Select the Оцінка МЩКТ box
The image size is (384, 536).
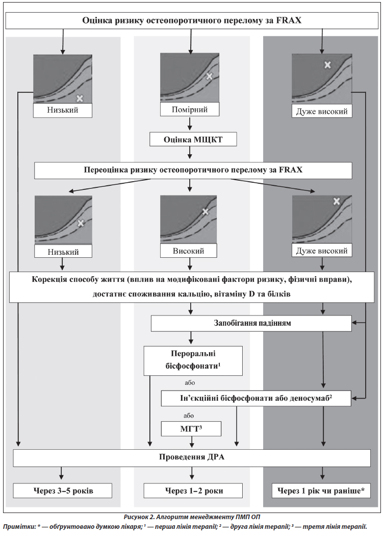(x=190, y=139)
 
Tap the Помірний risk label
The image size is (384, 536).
(x=190, y=109)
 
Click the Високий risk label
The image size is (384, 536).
(x=189, y=251)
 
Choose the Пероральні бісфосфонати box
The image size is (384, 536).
(x=193, y=360)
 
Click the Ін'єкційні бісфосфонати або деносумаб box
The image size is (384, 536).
(x=255, y=398)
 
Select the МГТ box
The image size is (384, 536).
(x=191, y=428)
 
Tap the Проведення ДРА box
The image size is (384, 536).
(x=191, y=457)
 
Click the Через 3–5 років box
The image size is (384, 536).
(x=62, y=491)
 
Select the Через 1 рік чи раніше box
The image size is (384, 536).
(x=321, y=491)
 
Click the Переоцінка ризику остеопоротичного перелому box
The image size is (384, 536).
(x=193, y=170)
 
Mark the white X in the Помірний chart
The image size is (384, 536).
(x=209, y=76)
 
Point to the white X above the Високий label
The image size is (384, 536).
(x=205, y=211)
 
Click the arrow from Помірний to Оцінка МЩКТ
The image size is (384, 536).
(x=190, y=124)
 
